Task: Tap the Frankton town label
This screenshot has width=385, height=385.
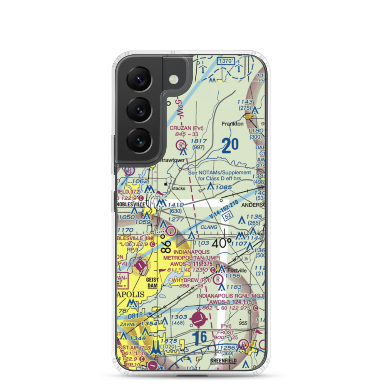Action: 233,124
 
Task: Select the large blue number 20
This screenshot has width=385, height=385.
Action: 230,146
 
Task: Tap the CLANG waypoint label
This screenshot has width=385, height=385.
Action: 209,228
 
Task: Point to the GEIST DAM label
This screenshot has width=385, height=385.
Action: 153,283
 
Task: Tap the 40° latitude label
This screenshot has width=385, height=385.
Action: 221,243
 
